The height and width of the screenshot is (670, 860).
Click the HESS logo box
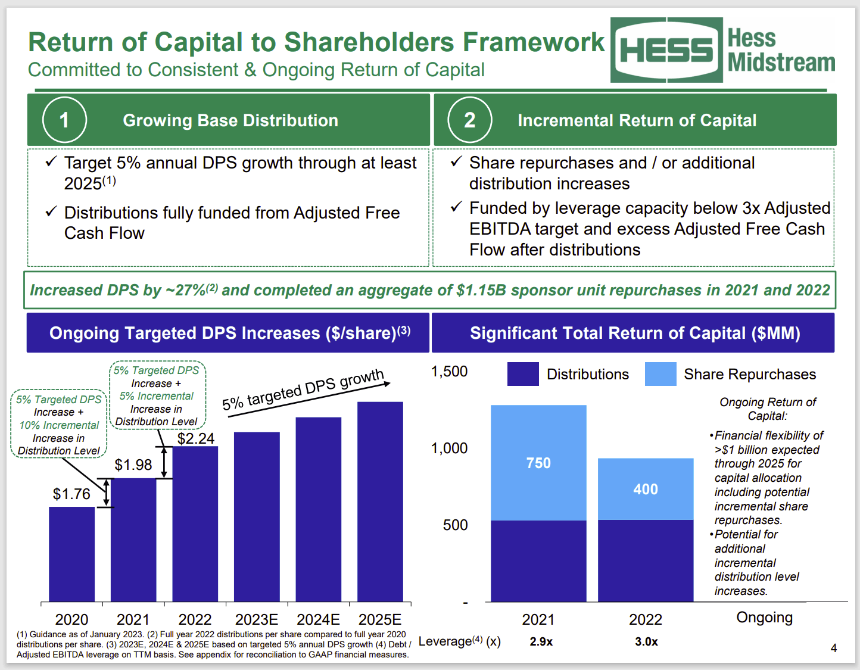[666, 50]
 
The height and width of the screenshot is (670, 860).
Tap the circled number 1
[64, 120]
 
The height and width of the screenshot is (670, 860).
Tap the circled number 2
[469, 120]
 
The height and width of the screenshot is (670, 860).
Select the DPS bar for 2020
[71, 554]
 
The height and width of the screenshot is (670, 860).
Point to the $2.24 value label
[196, 438]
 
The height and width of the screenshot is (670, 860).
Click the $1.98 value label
[133, 465]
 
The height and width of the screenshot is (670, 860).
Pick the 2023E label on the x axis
[257, 619]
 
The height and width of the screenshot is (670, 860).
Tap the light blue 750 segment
[538, 463]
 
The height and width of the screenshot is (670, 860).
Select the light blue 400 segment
[646, 489]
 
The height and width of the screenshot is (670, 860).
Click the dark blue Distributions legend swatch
[523, 374]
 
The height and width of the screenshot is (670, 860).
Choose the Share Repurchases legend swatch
[660, 374]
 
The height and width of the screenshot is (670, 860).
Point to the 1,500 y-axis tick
[449, 372]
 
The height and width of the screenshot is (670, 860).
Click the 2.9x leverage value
[541, 641]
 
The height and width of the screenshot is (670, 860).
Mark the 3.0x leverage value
[646, 641]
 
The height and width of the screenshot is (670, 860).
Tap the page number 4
[834, 648]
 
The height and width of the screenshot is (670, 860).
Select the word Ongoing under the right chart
[764, 618]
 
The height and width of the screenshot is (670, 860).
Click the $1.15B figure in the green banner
[481, 290]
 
